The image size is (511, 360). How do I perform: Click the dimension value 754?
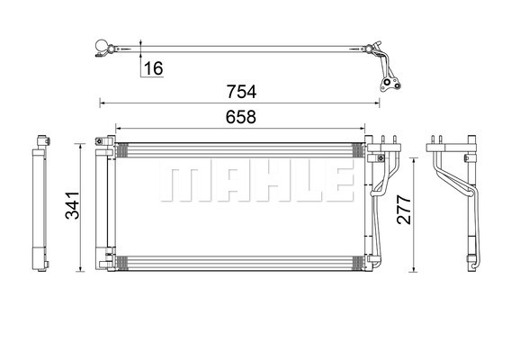click(241, 92)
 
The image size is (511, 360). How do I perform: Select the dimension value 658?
click(241, 117)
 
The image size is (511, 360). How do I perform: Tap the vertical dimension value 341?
click(72, 205)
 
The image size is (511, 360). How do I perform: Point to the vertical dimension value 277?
click(404, 210)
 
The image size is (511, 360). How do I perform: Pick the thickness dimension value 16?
click(153, 68)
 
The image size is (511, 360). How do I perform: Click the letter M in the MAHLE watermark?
click(184, 184)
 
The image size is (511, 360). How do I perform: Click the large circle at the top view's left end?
click(102, 46)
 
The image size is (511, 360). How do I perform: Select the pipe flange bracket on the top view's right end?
click(390, 85)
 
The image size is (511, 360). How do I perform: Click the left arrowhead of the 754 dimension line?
click(102, 103)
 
